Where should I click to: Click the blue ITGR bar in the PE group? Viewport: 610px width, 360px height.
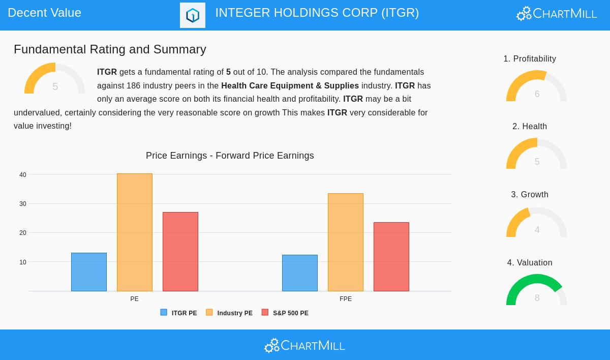pos(89,272)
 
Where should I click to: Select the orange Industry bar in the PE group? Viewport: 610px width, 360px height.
pos(135,232)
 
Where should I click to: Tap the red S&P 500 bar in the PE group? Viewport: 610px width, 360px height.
pos(180,252)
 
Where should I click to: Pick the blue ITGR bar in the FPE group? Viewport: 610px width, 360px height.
pos(300,273)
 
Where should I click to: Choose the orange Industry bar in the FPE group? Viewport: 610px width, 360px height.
pos(346,242)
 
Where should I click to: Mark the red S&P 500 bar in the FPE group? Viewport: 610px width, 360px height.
pos(391,257)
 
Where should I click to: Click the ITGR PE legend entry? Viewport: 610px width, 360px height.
pos(179,313)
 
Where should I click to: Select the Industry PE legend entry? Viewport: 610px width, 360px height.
pos(229,313)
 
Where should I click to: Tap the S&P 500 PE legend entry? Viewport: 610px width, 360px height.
pos(285,313)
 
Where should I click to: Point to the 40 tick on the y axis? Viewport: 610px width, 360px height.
pos(23,175)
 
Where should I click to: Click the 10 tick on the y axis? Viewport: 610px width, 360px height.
pos(23,262)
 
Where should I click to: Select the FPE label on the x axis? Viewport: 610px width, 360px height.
pos(346,299)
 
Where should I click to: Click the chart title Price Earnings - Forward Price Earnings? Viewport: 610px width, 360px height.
pos(230,156)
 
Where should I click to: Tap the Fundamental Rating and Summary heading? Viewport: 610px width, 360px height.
pos(110,49)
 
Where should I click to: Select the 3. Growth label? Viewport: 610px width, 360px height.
pos(530,195)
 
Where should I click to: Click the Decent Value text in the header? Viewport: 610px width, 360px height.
pos(45,13)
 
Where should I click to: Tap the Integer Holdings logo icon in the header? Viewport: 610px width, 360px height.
pos(193,15)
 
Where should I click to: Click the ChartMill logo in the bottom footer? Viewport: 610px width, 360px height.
pos(304,346)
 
